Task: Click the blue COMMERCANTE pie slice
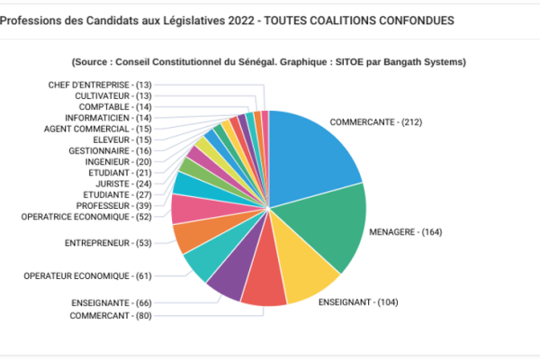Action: point(310,153)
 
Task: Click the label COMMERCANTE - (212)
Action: point(375,121)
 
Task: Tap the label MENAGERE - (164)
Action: point(405,232)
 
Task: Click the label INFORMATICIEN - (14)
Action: point(109,118)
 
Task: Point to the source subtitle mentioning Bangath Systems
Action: point(268,62)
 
